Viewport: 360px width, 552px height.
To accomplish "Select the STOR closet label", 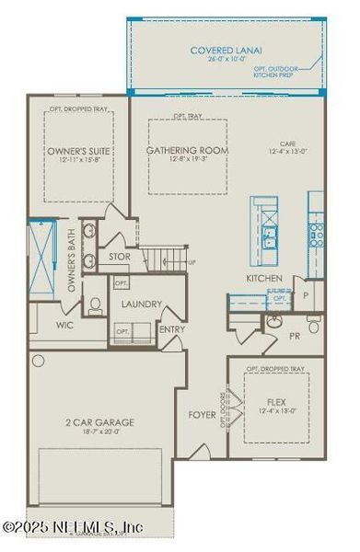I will pyautogui.click(x=120, y=257).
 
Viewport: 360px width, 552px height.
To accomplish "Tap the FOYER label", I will pyautogui.click(x=202, y=414).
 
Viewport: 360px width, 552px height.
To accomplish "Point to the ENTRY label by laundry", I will pyautogui.click(x=171, y=328).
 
